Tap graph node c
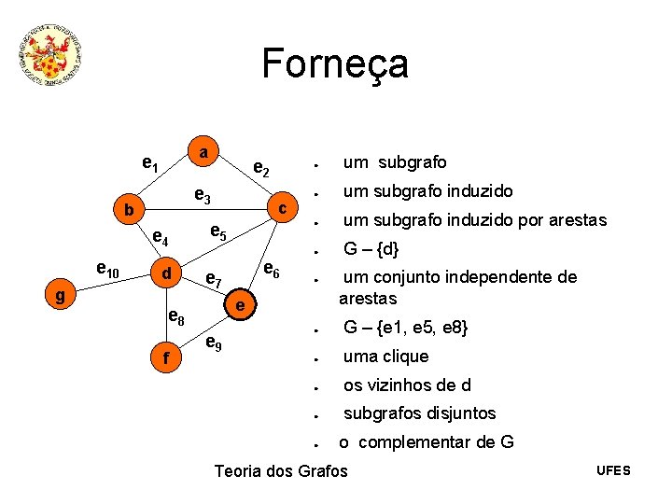pyautogui.click(x=282, y=206)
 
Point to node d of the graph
pyautogui.click(x=167, y=273)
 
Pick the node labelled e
pyautogui.click(x=240, y=305)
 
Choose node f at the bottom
pyautogui.click(x=166, y=357)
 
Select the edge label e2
pyautogui.click(x=262, y=169)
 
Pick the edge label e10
pyautogui.click(x=107, y=271)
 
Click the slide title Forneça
pyautogui.click(x=335, y=63)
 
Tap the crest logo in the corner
pyautogui.click(x=52, y=56)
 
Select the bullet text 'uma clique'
pyautogui.click(x=385, y=357)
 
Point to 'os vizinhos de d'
pyautogui.click(x=406, y=385)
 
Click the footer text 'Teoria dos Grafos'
pyautogui.click(x=280, y=470)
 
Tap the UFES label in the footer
pyautogui.click(x=613, y=469)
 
